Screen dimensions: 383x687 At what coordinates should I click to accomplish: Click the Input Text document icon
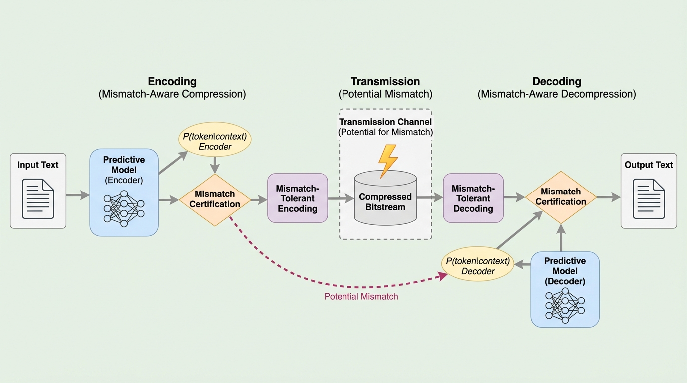tap(38, 198)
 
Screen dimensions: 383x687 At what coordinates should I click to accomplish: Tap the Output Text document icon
tap(649, 198)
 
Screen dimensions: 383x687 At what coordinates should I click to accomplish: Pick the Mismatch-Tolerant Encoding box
tap(298, 198)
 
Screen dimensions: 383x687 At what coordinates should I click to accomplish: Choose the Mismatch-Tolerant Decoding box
tap(473, 198)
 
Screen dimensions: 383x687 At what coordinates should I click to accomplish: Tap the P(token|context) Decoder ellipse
tap(478, 266)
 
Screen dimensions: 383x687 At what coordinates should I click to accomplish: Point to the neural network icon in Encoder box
tap(124, 208)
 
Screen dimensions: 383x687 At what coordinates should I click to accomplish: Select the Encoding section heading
tap(172, 81)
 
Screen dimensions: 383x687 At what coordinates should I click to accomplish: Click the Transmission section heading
tap(385, 81)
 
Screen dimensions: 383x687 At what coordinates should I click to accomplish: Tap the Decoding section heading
tap(557, 81)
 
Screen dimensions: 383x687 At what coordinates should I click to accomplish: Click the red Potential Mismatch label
tap(361, 297)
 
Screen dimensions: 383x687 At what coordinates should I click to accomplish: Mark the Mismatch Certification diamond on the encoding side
tap(215, 199)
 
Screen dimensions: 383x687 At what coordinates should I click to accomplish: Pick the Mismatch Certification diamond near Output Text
tap(561, 197)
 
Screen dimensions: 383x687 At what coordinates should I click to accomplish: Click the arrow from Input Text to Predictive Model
tap(77, 195)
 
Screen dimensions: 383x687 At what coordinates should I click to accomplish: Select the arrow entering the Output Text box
tap(608, 197)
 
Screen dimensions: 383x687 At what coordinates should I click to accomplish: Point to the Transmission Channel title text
tap(385, 122)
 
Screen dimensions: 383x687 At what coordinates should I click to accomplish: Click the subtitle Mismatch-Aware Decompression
tap(557, 94)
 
